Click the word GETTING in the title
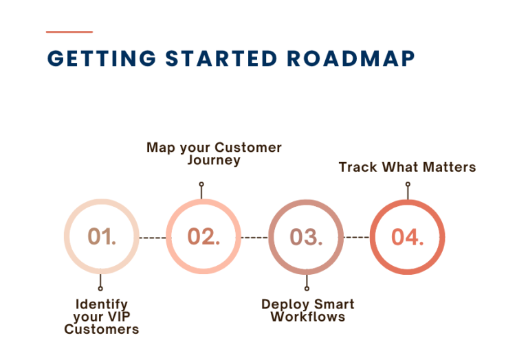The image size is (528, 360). coord(102,58)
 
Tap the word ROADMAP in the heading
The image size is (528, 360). coord(351,58)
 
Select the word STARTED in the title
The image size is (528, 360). coord(221,58)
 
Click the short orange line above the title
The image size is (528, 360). coord(69,32)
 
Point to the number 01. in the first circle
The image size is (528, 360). coord(102,236)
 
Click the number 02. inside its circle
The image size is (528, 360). coord(203,236)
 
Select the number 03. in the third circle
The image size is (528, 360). coord(306,237)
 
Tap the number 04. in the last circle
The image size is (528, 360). coord(408,237)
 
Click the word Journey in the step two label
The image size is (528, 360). coord(214,160)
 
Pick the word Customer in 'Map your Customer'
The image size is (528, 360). coord(247,147)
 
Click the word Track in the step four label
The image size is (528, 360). coord(357,167)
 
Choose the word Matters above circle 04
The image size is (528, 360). coord(449,167)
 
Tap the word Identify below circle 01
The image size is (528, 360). coord(102,304)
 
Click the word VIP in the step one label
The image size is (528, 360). coord(119,317)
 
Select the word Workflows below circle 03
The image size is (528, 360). coord(308,317)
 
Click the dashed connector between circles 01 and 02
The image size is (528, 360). coord(153,238)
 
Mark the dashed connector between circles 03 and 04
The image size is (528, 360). coord(356,238)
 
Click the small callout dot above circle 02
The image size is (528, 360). coord(201,184)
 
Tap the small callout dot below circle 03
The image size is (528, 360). coord(307,289)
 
